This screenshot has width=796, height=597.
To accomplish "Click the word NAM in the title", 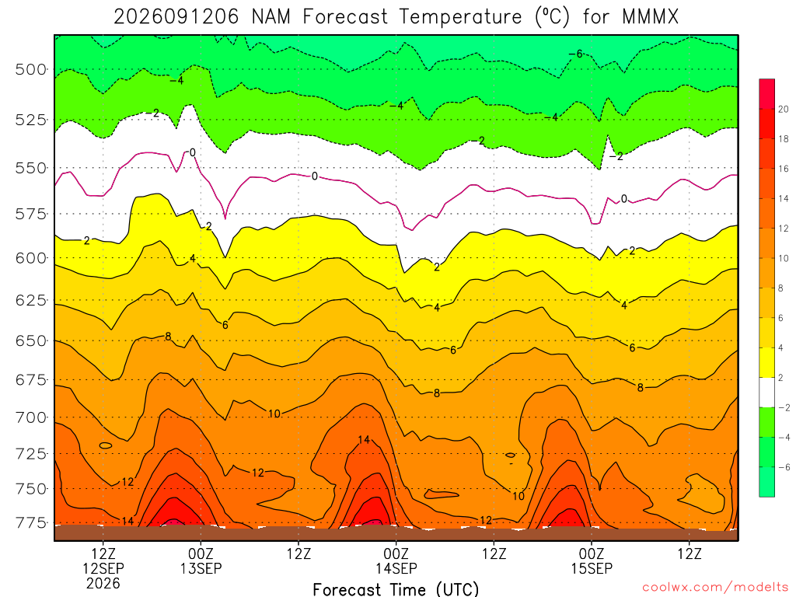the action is coord(271,17).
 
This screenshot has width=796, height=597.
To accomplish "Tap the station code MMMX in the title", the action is coord(651,17).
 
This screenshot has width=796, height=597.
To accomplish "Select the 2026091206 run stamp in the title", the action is coord(176,17).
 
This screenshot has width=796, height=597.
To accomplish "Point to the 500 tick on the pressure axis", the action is coord(31,69).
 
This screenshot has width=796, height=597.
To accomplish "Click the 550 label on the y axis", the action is coord(31,168).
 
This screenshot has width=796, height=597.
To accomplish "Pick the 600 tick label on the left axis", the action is coord(31,258).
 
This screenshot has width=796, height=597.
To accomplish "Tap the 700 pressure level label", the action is coord(31,417).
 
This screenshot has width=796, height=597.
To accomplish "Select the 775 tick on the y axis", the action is coord(31,522).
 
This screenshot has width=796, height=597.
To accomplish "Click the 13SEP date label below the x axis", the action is coord(201,568).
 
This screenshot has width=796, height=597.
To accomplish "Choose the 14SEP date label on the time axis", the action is coord(396,568).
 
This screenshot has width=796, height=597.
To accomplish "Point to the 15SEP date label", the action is coord(592,568).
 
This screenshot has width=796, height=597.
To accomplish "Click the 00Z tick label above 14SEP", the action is coord(396,553).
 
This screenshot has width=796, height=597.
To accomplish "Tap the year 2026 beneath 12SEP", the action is coord(103,583).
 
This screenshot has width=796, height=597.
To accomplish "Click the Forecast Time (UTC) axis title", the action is coord(396,589).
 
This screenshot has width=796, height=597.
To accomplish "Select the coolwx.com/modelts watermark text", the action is coord(715,588).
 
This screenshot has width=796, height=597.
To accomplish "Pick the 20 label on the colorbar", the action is coord(784,109).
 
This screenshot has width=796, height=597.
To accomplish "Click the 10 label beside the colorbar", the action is coord(784,258).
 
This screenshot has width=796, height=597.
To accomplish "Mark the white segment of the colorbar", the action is coord(767,393).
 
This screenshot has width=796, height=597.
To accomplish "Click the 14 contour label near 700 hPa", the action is coord(364,440).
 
